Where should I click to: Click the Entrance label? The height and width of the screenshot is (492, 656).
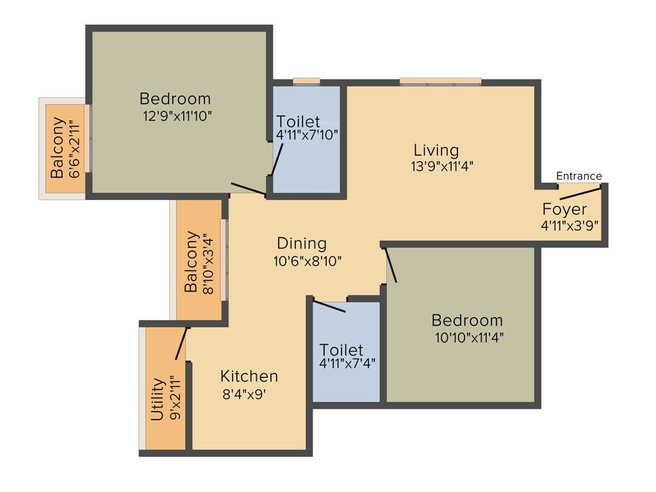pyautogui.click(x=578, y=176)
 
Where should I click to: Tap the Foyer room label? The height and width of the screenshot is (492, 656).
pyautogui.click(x=564, y=209)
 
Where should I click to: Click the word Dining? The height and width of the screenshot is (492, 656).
pyautogui.click(x=302, y=243)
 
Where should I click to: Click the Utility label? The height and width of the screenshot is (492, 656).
pyautogui.click(x=158, y=400)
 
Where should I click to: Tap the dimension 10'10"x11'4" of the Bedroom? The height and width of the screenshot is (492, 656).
pyautogui.click(x=467, y=338)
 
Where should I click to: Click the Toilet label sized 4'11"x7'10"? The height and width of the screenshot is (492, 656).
pyautogui.click(x=298, y=122)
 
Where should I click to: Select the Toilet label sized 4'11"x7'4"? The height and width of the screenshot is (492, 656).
pyautogui.click(x=341, y=350)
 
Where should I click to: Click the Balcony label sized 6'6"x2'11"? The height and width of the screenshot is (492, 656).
pyautogui.click(x=58, y=147)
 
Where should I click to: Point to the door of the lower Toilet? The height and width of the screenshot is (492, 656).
pyautogui.click(x=329, y=306)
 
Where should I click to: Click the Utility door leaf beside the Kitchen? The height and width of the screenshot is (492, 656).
pyautogui.click(x=181, y=344)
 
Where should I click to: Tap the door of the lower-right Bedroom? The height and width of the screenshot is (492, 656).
pyautogui.click(x=390, y=264)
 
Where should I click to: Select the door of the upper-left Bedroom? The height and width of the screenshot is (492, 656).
pyautogui.click(x=249, y=189)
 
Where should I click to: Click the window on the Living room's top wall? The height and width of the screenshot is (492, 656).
pyautogui.click(x=440, y=81)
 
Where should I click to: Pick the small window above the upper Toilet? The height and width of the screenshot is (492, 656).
pyautogui.click(x=306, y=81)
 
